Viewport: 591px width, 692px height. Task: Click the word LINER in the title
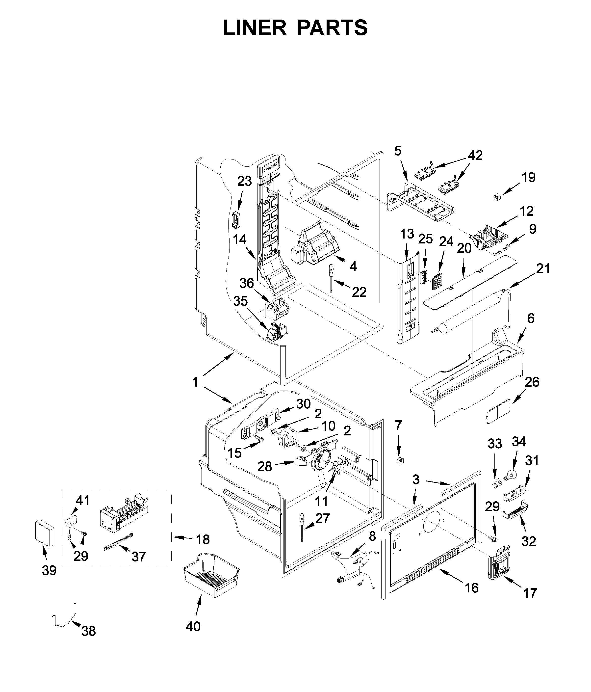click(x=255, y=28)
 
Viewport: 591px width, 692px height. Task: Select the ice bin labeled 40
click(x=211, y=579)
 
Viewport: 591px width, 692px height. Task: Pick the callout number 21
click(x=542, y=269)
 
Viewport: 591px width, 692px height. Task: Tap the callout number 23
click(x=244, y=181)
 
